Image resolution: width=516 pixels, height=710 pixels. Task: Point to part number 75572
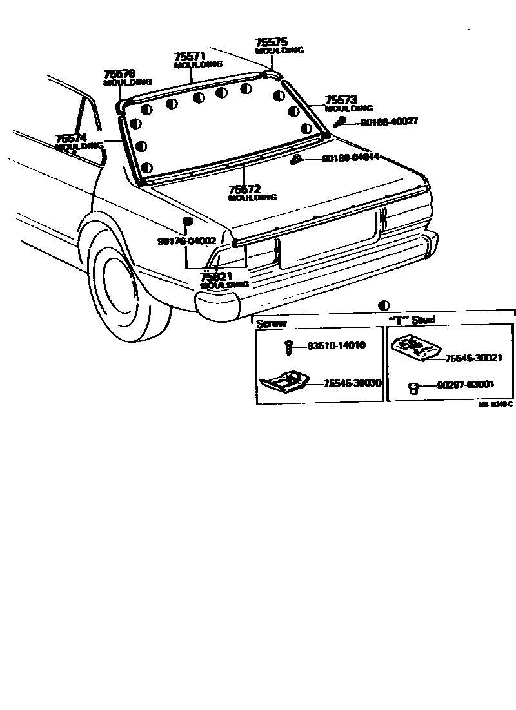(244, 189)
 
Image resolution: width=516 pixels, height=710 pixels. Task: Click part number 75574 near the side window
(71, 139)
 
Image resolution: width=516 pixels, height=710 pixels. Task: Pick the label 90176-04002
(186, 241)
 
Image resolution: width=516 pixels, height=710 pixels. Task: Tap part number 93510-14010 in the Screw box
(335, 345)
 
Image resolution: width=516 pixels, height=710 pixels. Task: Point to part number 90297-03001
(465, 385)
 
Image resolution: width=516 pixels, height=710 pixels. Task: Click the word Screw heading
(272, 323)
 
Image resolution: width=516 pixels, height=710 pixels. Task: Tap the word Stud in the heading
(424, 320)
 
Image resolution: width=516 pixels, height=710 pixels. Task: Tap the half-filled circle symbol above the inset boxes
(384, 305)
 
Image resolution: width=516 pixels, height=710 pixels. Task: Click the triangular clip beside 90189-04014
(295, 158)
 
